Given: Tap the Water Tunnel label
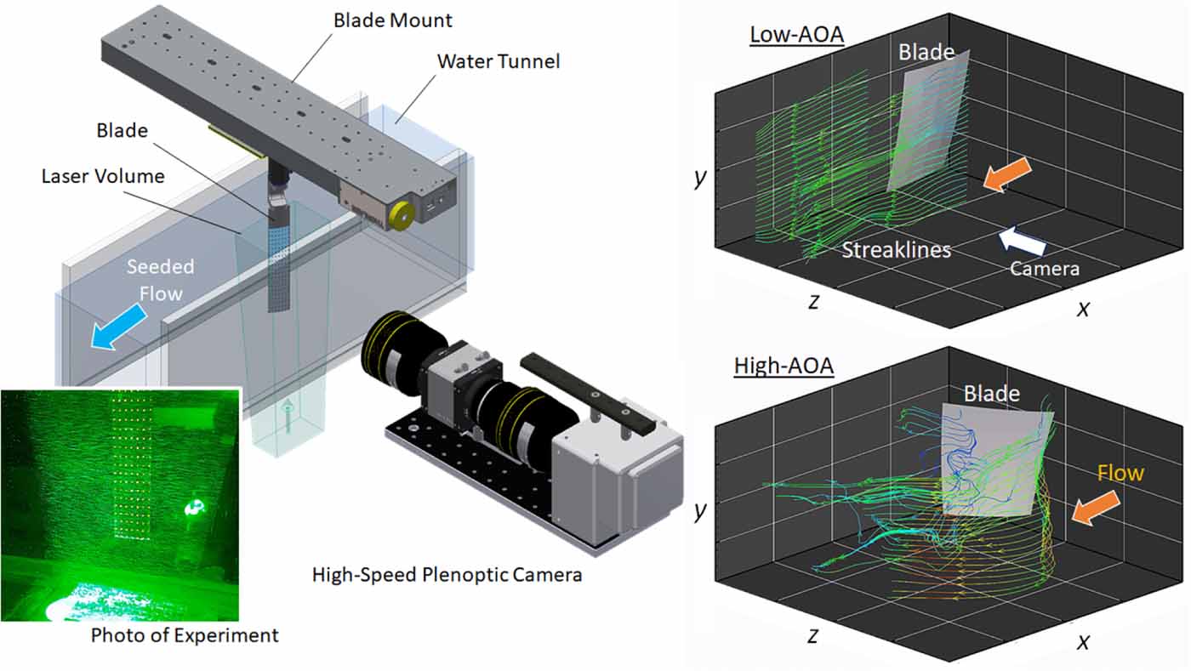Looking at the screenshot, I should pyautogui.click(x=499, y=61).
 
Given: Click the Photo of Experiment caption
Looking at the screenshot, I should pyautogui.click(x=185, y=634).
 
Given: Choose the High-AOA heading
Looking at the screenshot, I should pyautogui.click(x=784, y=367).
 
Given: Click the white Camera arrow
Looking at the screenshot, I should pyautogui.click(x=1022, y=241).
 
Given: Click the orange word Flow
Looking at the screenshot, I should pyautogui.click(x=1120, y=472).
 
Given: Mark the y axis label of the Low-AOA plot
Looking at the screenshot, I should pyautogui.click(x=700, y=179).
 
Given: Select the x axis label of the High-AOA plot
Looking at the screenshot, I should pyautogui.click(x=1082, y=641).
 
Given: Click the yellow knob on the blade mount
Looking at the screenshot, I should pyautogui.click(x=399, y=217).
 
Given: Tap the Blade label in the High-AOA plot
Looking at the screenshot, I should pyautogui.click(x=991, y=393).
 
